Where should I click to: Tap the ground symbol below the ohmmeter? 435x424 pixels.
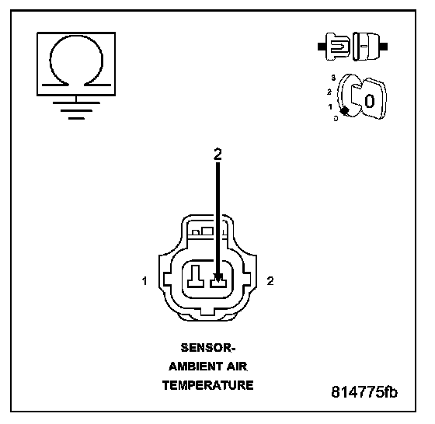[76, 110]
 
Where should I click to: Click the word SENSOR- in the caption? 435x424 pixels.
[208, 347]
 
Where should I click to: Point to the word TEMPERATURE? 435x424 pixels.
[208, 385]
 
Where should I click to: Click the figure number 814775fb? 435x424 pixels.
[364, 392]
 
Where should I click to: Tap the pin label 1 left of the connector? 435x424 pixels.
[144, 281]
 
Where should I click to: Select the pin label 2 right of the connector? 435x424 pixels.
[270, 281]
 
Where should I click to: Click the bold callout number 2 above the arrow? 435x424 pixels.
[217, 155]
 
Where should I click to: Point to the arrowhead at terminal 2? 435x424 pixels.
[218, 277]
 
